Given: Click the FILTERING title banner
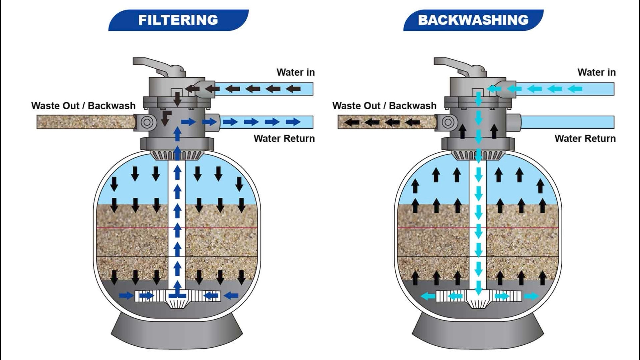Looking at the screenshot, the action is (x=178, y=20).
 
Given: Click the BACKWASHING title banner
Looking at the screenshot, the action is (x=473, y=20).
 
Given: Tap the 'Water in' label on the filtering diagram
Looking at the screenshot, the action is (x=295, y=72).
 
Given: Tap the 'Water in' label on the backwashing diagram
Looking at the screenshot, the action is (x=596, y=72).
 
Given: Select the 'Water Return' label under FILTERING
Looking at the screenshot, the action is (x=284, y=138).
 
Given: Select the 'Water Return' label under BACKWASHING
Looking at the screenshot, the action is (x=585, y=138).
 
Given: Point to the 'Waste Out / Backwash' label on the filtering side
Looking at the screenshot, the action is (x=83, y=106).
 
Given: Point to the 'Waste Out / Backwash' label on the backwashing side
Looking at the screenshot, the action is (x=384, y=106).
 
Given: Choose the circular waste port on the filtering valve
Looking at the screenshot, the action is (x=146, y=122).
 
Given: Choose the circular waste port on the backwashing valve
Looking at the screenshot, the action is (x=448, y=122).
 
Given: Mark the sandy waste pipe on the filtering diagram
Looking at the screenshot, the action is (x=86, y=122).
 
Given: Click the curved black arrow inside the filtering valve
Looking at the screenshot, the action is (x=166, y=118).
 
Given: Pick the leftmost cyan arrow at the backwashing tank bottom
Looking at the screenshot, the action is (x=428, y=296).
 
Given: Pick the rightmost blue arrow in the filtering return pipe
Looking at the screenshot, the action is (x=293, y=122).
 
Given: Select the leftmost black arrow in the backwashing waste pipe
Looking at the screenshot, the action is (x=352, y=122).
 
